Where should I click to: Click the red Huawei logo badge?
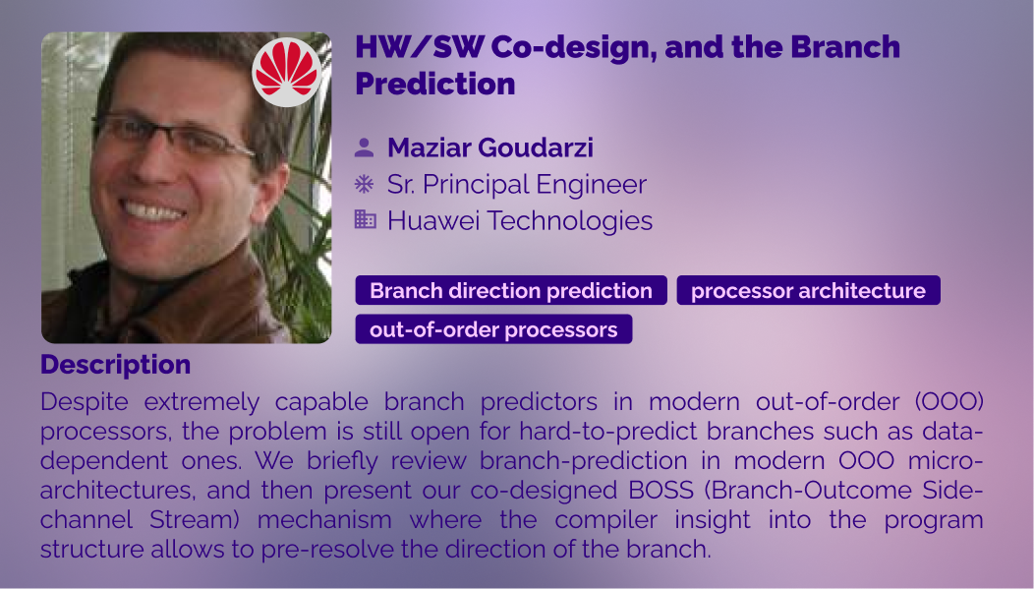pos(287,73)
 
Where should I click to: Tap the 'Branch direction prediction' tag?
pos(511,290)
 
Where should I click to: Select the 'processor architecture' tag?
pos(809,290)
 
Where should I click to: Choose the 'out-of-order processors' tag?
pos(493,329)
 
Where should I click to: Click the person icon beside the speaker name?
pos(364,147)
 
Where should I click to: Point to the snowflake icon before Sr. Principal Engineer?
pos(364,184)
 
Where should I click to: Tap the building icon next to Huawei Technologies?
pos(365,219)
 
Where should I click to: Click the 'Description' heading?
pos(115,365)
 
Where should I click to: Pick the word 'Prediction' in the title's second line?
pos(435,84)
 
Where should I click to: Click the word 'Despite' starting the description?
pos(85,402)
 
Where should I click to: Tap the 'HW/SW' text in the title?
pos(420,47)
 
